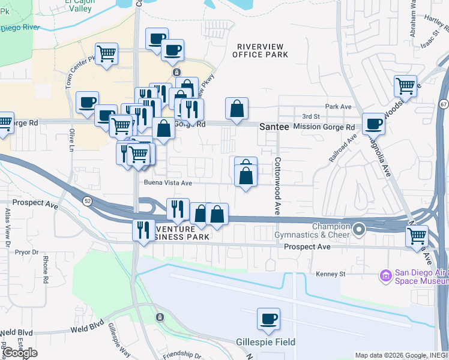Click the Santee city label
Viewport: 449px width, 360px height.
click(275, 127)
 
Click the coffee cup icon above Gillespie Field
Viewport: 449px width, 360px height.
click(268, 319)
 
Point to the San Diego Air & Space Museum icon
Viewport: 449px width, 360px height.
click(385, 276)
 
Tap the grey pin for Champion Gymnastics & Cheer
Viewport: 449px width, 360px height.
click(359, 229)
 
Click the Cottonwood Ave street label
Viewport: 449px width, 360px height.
click(278, 187)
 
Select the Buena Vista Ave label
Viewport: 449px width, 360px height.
click(167, 183)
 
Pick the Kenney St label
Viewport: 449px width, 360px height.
click(331, 274)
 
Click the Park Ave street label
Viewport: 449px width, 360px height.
click(337, 106)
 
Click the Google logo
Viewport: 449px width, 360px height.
click(20, 352)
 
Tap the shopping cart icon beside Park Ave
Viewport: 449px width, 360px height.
click(406, 85)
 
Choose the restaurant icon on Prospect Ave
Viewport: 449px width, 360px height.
click(143, 231)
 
